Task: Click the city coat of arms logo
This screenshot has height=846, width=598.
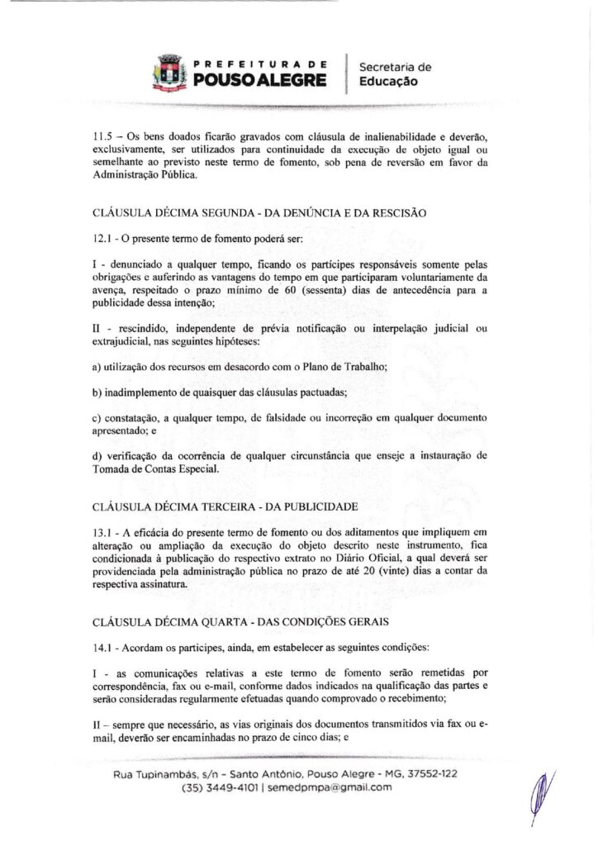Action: tap(170, 72)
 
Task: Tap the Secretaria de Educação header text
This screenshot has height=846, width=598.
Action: tap(390, 74)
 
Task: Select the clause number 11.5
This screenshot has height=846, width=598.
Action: tap(102, 138)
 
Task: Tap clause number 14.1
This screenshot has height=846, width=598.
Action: tap(102, 646)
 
